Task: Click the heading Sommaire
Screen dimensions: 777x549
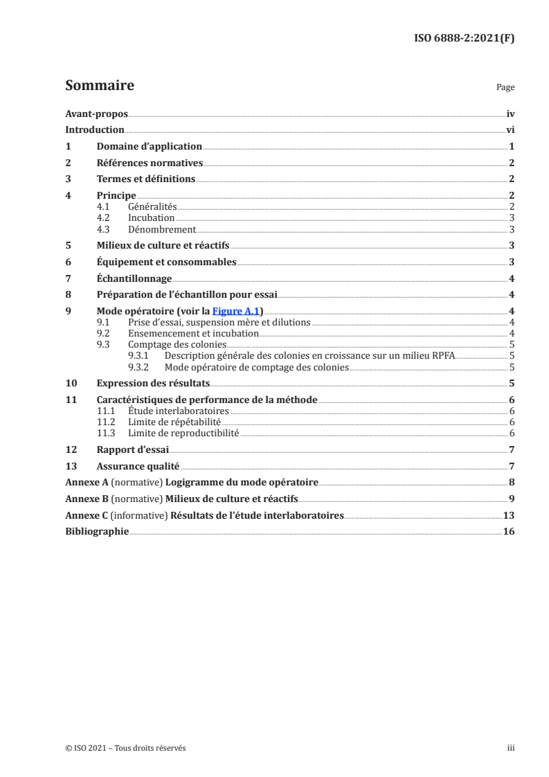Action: [x=99, y=86]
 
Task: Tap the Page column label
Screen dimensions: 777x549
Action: [x=505, y=88]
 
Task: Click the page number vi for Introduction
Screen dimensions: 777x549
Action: [x=510, y=129]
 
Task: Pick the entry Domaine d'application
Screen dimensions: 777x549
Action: [x=149, y=146]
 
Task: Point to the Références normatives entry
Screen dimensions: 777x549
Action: [x=149, y=163]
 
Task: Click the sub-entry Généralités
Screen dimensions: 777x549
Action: [x=153, y=206]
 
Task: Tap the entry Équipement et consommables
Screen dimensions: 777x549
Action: [x=166, y=262]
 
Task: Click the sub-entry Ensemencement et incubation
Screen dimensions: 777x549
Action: [x=193, y=333]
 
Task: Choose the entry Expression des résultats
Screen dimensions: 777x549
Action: [x=153, y=383]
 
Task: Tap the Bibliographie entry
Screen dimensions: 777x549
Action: [x=97, y=532]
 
